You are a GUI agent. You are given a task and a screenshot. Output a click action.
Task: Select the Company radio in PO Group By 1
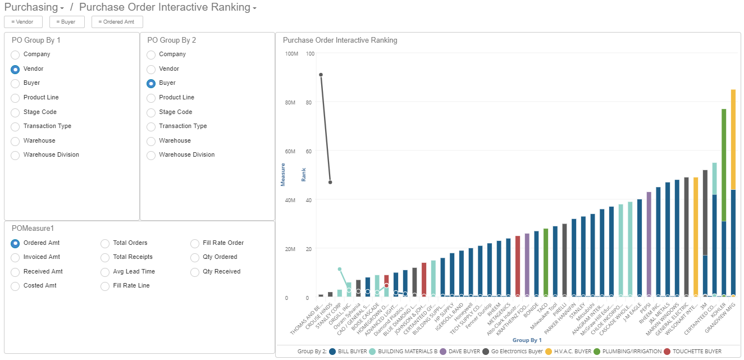coord(15,55)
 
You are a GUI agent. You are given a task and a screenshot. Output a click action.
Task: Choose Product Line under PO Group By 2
coord(151,98)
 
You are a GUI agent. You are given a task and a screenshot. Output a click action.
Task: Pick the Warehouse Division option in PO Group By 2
coord(151,156)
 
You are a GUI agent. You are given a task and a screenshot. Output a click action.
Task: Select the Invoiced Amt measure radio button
coord(15,257)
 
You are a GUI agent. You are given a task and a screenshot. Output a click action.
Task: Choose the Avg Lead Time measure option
coord(105,272)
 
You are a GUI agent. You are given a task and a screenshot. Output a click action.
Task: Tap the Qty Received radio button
coord(195,272)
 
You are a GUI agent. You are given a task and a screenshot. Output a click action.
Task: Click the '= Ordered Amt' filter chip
coord(117,22)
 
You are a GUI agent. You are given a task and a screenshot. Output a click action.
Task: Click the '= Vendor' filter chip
coord(22,22)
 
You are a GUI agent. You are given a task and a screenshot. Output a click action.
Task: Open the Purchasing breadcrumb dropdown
coord(34,7)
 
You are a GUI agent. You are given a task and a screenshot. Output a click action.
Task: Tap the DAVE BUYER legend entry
coord(462,352)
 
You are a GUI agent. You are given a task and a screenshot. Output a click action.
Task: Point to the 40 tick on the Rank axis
coord(309,199)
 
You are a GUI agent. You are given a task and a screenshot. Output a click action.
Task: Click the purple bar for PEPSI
coord(649,244)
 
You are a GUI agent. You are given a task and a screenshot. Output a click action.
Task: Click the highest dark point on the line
coord(321,75)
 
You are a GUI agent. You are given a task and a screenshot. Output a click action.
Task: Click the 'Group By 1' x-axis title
coord(527,340)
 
